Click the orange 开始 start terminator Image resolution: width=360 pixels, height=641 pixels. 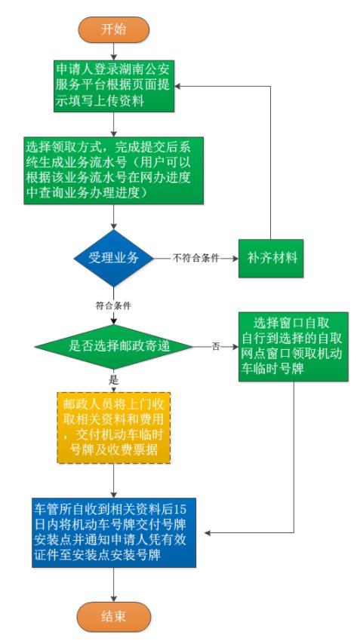tap(114, 30)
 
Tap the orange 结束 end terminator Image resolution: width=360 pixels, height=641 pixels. tap(114, 616)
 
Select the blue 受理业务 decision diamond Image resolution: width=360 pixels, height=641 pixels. tap(114, 259)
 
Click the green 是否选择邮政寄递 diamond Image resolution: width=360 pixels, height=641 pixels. tap(114, 347)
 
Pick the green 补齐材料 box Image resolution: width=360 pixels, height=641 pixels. tap(271, 259)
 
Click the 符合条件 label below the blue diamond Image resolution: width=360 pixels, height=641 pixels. tap(113, 305)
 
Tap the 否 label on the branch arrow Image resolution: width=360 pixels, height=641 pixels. tap(216, 347)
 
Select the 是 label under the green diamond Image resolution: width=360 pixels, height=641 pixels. tap(113, 380)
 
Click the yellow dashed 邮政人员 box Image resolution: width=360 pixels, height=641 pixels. tap(114, 428)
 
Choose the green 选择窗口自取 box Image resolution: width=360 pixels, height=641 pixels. tap(294, 347)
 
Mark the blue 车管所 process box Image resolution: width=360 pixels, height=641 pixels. tap(114, 532)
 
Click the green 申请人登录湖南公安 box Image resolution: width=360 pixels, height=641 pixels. tap(114, 86)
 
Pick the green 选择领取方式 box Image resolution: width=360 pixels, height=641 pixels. tap(114, 170)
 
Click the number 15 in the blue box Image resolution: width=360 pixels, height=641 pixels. tap(180, 510)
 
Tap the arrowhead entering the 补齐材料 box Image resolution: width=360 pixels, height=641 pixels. tap(235, 259)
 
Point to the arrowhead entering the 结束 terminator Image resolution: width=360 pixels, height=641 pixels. tap(114, 599)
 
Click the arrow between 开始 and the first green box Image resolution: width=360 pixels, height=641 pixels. tap(114, 51)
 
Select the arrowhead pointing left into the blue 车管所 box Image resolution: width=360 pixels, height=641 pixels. tap(208, 532)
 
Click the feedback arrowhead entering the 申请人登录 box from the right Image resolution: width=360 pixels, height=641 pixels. tap(177, 86)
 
